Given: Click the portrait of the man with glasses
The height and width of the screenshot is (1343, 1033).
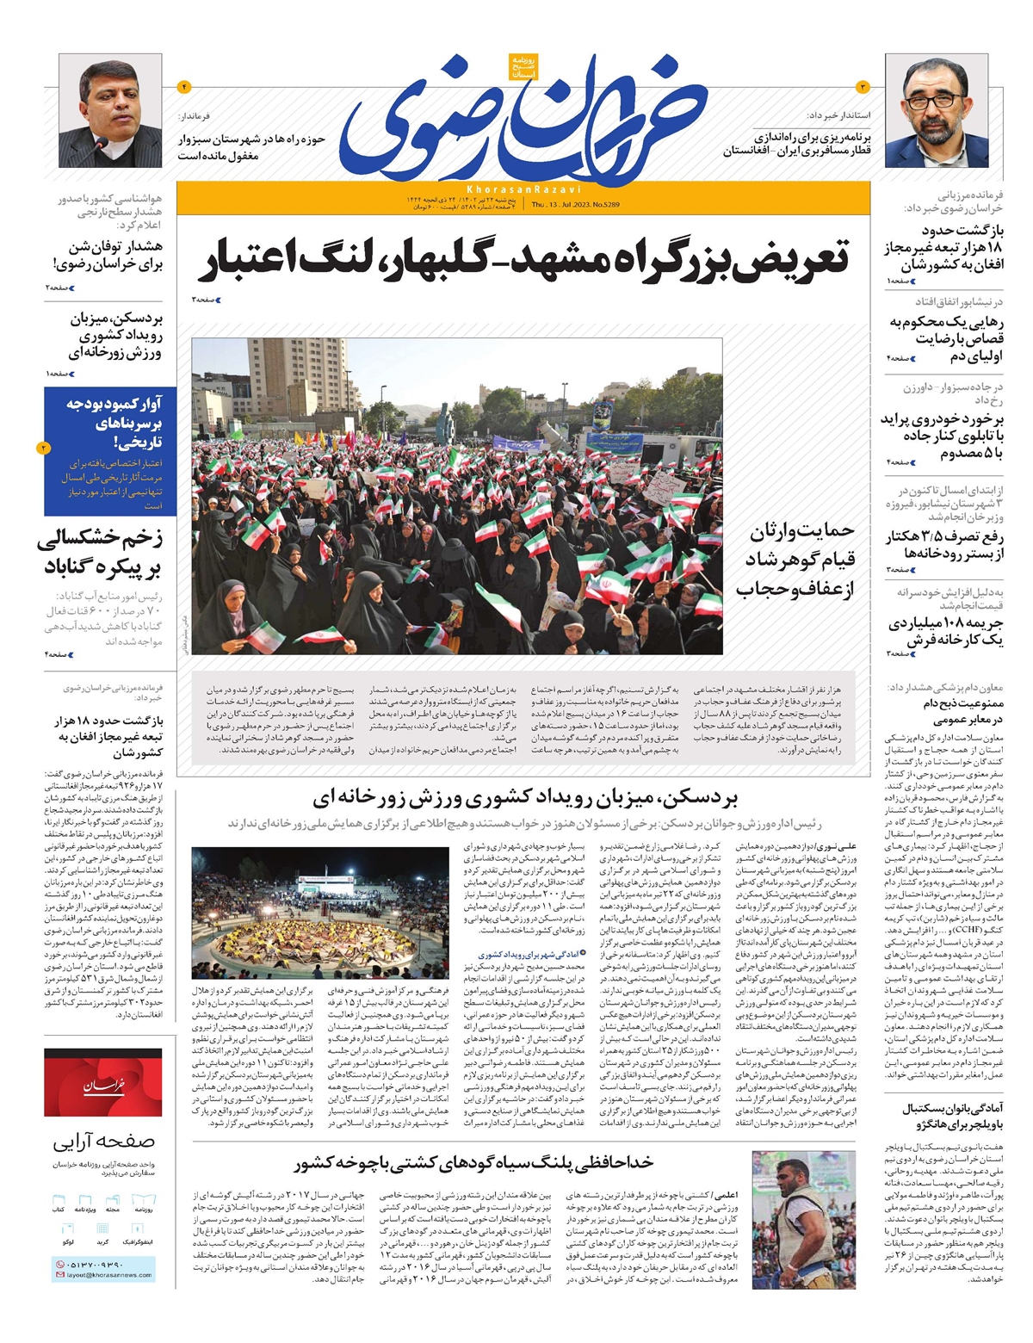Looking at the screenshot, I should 937,110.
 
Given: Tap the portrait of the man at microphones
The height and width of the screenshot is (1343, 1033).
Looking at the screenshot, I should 110,110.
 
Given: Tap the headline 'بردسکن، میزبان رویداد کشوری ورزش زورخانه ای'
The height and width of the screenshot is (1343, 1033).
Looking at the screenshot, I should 525,798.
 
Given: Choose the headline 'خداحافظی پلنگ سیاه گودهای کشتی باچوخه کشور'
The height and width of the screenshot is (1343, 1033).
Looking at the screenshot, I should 473,1163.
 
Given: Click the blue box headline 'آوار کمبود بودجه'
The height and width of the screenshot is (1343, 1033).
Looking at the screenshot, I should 114,423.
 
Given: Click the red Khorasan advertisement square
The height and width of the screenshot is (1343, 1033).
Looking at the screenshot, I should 102,1086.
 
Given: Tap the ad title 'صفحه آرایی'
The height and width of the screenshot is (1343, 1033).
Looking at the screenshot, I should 103,1142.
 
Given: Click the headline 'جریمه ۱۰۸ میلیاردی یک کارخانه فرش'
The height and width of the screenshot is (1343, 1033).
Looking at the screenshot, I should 946,631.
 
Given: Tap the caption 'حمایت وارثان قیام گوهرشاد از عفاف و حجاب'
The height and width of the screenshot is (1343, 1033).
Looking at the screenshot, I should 795,560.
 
